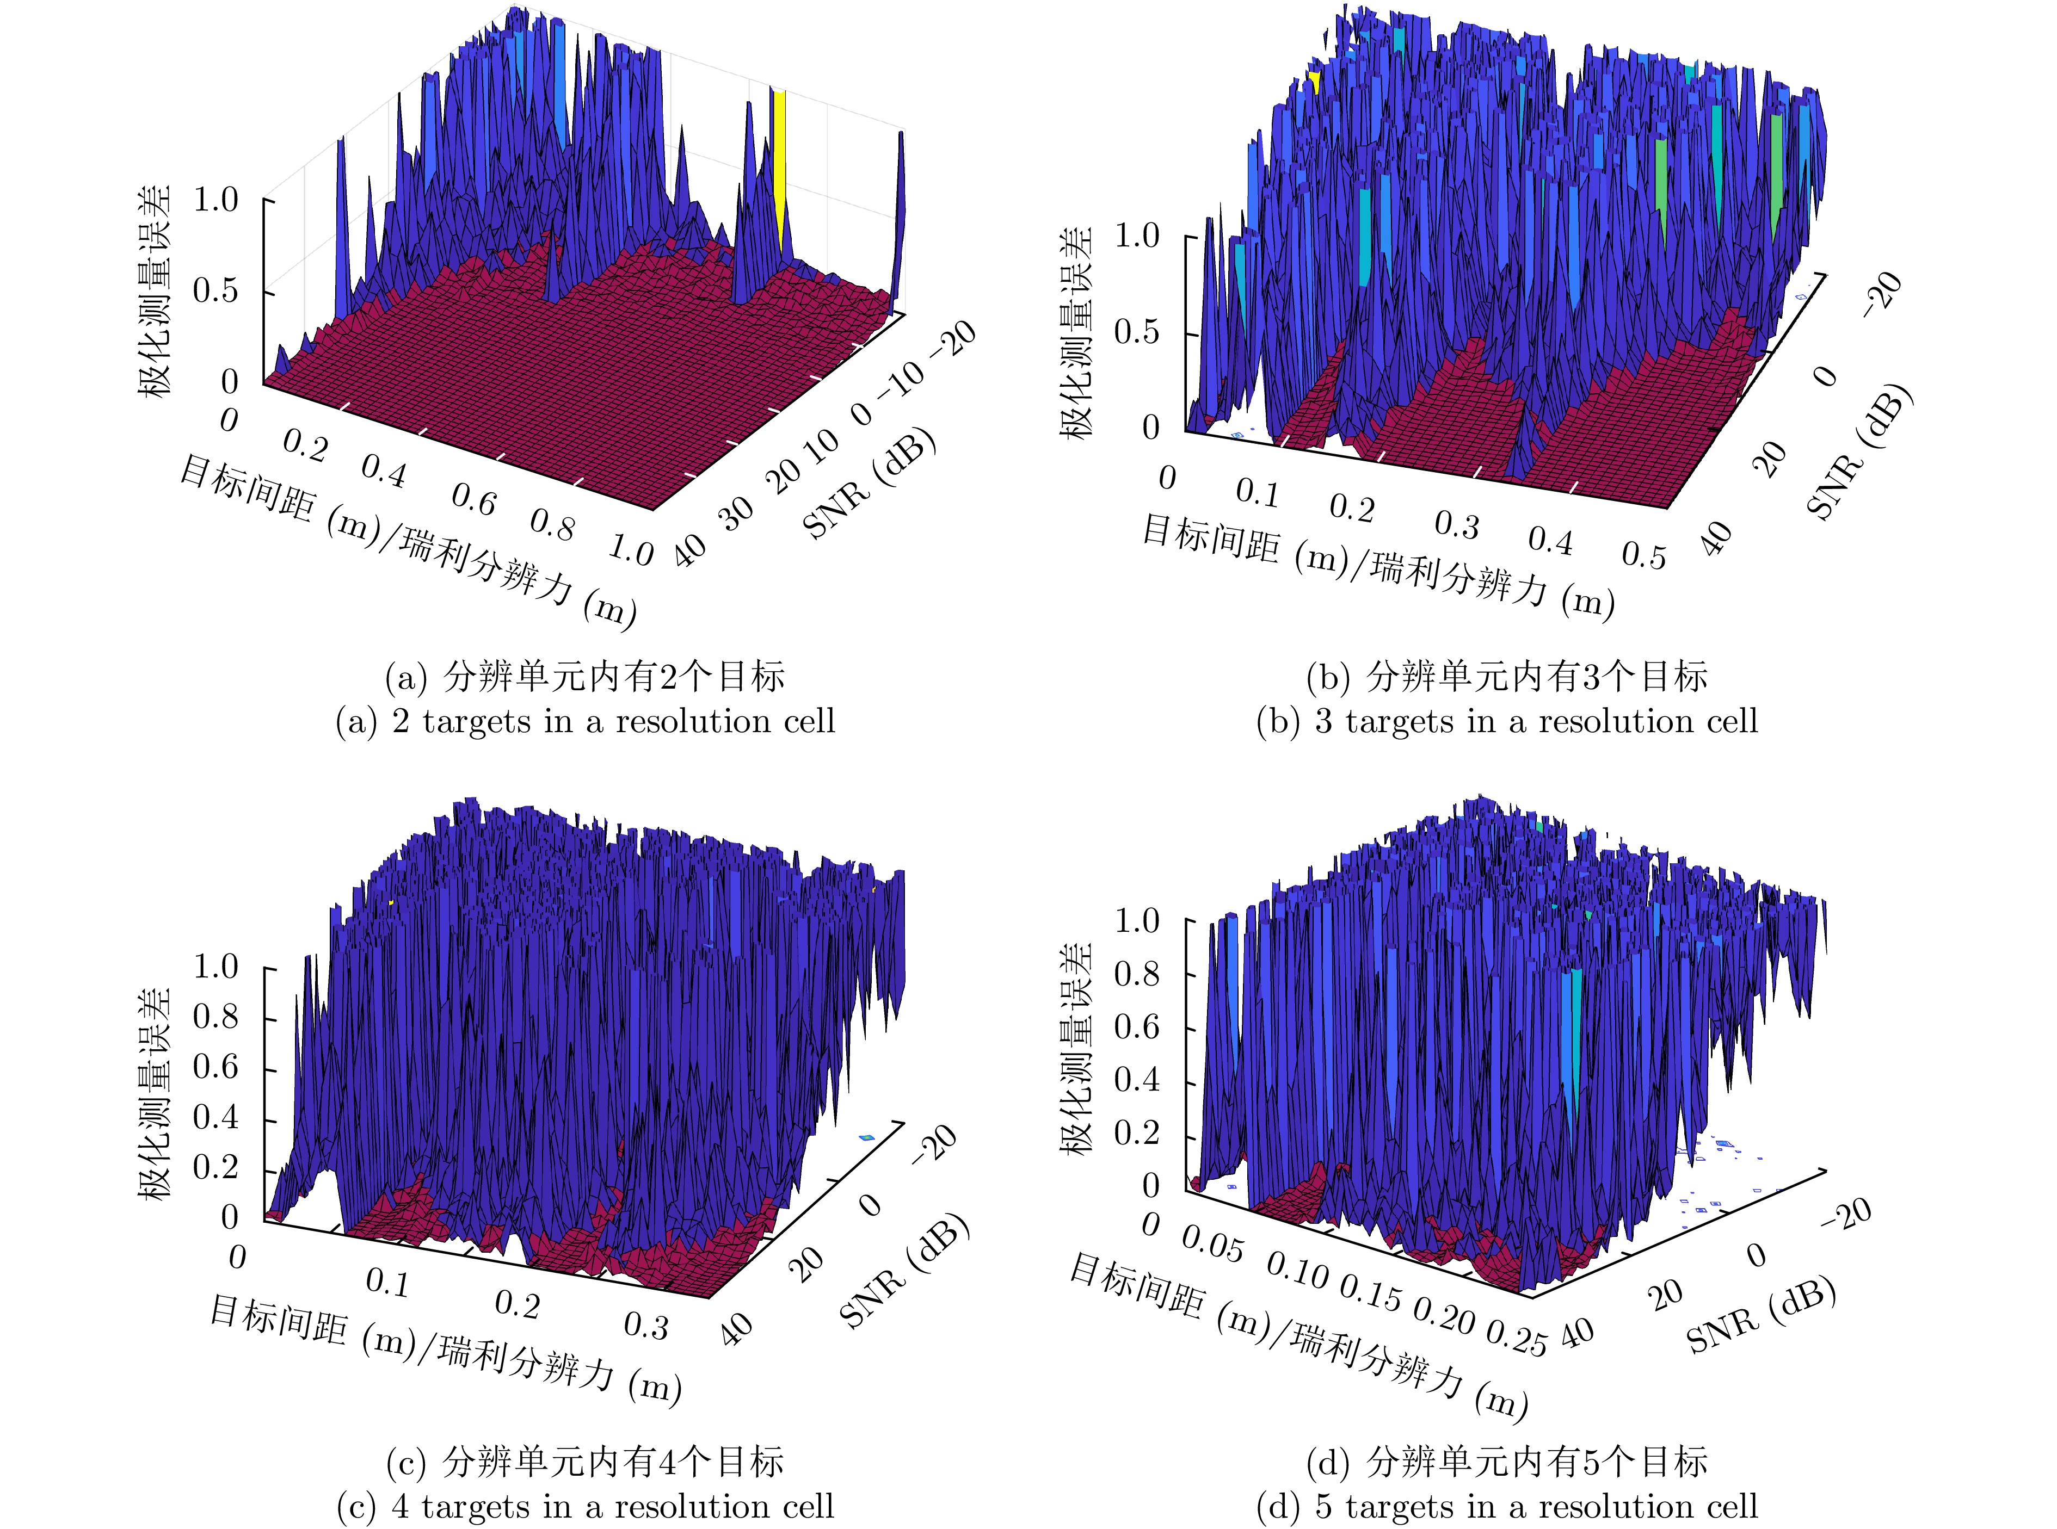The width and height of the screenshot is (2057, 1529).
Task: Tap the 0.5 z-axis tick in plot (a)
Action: coord(215,292)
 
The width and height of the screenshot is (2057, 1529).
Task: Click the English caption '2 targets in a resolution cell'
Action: coord(585,721)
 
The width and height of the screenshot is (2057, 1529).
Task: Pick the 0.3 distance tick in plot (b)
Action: coord(1456,525)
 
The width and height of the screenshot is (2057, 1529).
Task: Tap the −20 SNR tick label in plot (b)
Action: coord(1881,294)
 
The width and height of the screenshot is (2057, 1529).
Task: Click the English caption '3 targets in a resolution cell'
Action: coord(1506,721)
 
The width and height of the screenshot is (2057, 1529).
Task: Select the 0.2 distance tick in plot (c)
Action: coord(516,1304)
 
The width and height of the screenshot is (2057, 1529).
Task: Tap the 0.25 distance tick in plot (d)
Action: coord(1516,1339)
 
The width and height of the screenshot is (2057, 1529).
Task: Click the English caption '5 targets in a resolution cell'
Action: coord(1506,1506)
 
